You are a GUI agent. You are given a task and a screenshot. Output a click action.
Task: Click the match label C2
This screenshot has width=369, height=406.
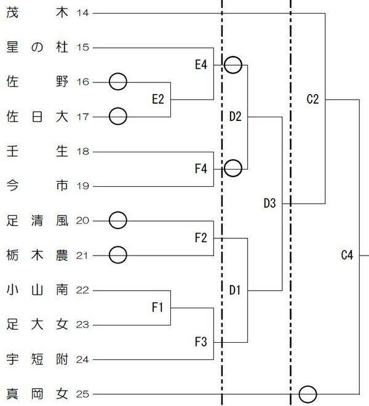pos(312,100)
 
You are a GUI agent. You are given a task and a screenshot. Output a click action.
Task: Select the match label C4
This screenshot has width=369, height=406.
pos(347,255)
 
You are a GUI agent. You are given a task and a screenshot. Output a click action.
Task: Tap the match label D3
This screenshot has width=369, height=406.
pos(269,203)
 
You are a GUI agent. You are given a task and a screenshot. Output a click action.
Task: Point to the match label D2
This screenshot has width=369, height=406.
pos(235,117)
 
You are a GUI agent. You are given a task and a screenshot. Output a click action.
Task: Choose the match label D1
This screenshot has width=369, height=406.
pos(235,289)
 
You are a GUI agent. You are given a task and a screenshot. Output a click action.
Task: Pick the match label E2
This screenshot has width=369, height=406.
pos(157,100)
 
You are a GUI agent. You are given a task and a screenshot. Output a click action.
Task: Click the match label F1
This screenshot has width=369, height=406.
pos(157,306)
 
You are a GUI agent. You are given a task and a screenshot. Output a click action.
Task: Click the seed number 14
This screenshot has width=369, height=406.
pos(84,13)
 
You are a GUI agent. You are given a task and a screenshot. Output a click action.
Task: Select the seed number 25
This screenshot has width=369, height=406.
pos(84,393)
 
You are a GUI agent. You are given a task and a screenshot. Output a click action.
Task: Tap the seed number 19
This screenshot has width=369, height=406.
pos(84,185)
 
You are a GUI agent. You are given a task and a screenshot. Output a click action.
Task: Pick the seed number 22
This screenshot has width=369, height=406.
pos(84,289)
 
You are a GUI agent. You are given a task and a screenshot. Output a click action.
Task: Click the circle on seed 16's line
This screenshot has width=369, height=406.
pos(118,81)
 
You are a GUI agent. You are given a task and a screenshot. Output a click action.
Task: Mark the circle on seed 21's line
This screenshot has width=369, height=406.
pos(118,254)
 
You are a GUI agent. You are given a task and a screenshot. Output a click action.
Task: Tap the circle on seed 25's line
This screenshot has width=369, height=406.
pos(307,393)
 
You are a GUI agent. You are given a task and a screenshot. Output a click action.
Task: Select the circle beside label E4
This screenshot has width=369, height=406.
pos(232,64)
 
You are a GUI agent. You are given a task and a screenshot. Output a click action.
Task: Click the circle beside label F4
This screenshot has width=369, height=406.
pos(232,168)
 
